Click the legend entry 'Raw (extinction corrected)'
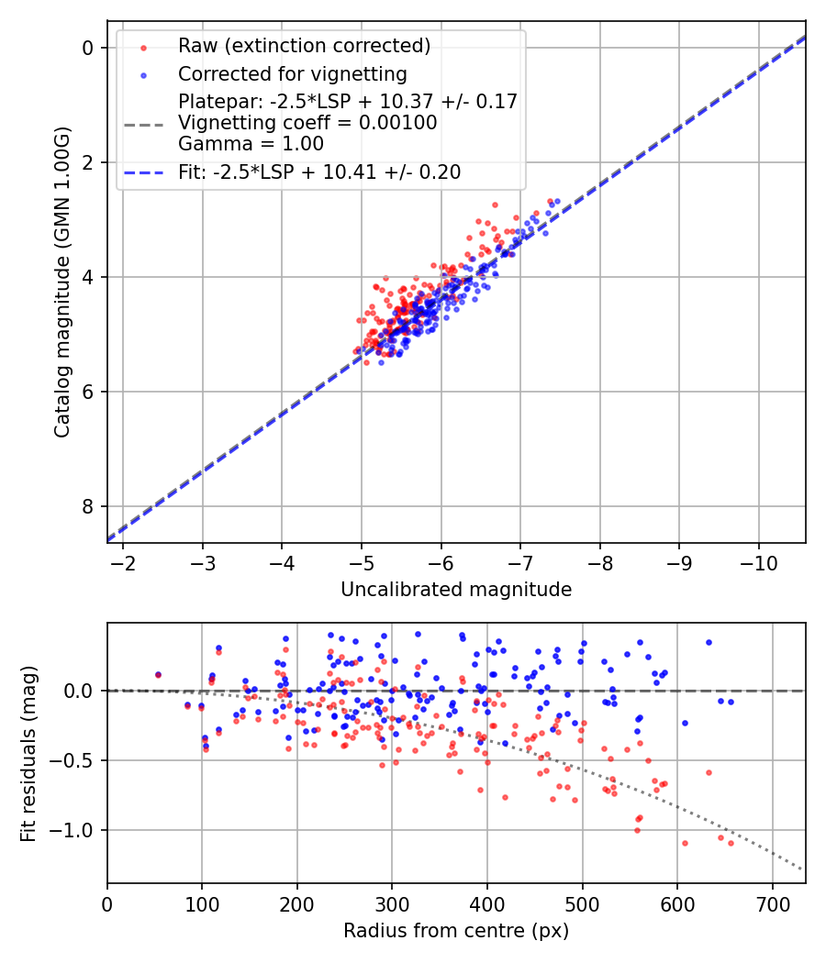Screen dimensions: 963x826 [304, 46]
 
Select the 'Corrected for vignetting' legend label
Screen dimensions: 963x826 [292, 73]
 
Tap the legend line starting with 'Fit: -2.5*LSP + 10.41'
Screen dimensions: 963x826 [319, 172]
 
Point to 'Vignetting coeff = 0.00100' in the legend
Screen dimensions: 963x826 [307, 123]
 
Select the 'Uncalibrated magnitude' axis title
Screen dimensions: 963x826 [456, 590]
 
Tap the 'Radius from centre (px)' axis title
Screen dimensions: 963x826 [456, 931]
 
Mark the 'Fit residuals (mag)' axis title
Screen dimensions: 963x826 [28, 753]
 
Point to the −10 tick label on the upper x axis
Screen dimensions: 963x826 [758, 562]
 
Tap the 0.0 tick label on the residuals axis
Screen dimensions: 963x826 [81, 691]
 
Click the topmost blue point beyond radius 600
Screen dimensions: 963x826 [709, 642]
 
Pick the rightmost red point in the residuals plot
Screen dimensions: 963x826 [731, 842]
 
